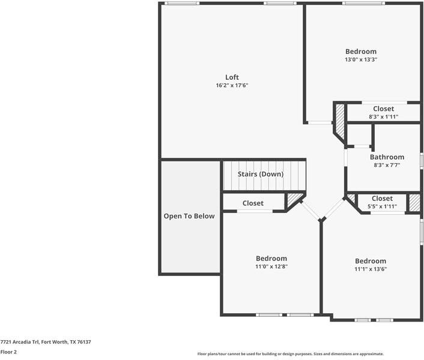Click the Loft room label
pos(232,77)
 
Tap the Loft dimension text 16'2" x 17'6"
pos(232,86)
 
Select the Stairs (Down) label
pos(261,174)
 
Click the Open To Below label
pos(189,216)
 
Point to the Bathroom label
pos(387,157)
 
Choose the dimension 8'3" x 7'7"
pos(387,165)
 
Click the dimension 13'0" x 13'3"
pos(361,60)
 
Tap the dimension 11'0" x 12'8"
pos(271,266)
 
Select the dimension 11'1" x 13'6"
pos(371,269)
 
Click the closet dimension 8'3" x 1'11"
pos(383,117)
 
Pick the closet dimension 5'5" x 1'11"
pos(382,206)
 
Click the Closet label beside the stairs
pos(253,203)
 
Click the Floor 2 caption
pos(8,352)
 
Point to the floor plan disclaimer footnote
pos(291,354)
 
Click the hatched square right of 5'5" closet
pos(414,202)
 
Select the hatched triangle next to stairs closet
pos(294,200)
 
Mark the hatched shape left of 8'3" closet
pos(340,120)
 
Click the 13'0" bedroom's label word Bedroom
pos(361,52)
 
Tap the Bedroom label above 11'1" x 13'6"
pos(371,261)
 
